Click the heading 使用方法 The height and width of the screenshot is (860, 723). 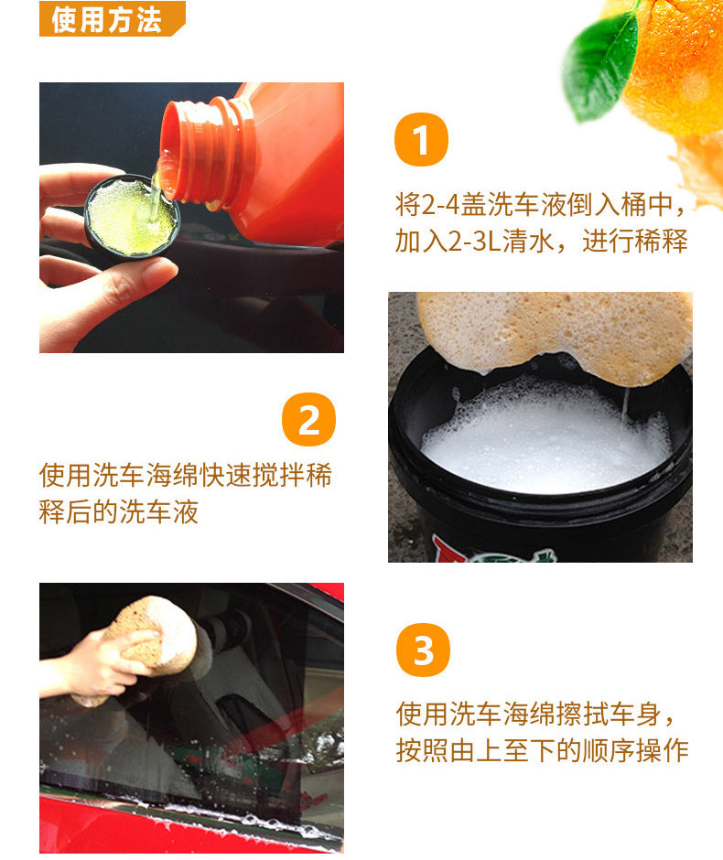click(x=106, y=19)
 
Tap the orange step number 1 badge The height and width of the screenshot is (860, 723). click(x=421, y=142)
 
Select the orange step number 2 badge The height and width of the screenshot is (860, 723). click(x=308, y=420)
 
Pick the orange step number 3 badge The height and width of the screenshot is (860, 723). click(x=423, y=650)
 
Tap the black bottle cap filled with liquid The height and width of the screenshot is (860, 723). click(x=131, y=216)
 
